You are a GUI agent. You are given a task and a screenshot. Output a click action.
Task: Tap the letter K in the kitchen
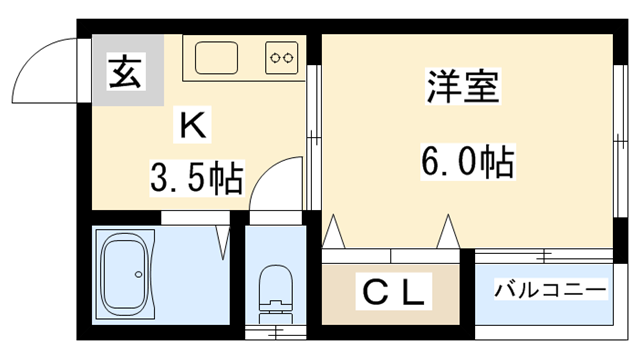point(192,124)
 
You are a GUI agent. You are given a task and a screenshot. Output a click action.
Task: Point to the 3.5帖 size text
point(197,178)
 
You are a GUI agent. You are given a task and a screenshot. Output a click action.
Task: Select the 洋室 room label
point(463,87)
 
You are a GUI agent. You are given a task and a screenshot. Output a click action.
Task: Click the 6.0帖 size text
point(468,162)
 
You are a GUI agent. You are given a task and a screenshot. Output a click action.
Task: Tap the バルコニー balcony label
point(551,289)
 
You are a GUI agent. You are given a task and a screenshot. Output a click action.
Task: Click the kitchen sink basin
point(216,58)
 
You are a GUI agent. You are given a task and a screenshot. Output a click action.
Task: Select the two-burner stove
point(282,58)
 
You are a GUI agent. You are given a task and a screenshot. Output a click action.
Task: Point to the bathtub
point(125,274)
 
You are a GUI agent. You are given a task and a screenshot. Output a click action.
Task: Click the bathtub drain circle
point(139,274)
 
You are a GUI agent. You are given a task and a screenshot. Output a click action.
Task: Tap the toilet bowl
point(276,282)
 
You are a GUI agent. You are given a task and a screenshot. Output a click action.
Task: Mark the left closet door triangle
point(334,231)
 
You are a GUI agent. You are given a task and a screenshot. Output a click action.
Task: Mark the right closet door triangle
point(449,231)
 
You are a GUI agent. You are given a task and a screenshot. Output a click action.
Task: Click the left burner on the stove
point(275,58)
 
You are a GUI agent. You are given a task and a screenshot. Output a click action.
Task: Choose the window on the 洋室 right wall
point(620,141)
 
